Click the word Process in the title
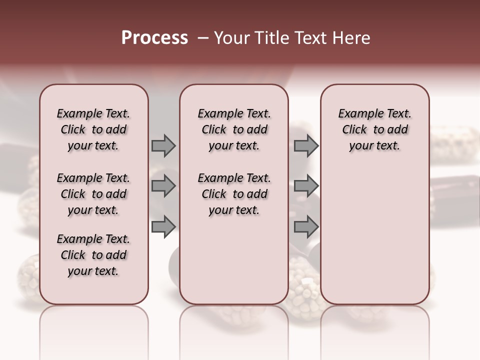pos(154,37)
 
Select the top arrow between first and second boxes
pos(163,145)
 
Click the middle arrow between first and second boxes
pos(163,186)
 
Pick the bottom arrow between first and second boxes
pos(163,227)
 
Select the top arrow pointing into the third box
pos(306,145)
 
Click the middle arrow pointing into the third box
pos(306,186)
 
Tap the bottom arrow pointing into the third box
pos(306,227)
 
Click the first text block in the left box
pos(93,129)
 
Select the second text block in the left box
pos(93,194)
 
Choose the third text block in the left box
pos(93,255)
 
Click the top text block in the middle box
pos(234,129)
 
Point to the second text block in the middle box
pos(234,194)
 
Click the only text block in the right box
pos(375,129)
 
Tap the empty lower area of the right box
pos(375,235)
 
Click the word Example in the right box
pos(357,114)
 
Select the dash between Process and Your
pos(203,38)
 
